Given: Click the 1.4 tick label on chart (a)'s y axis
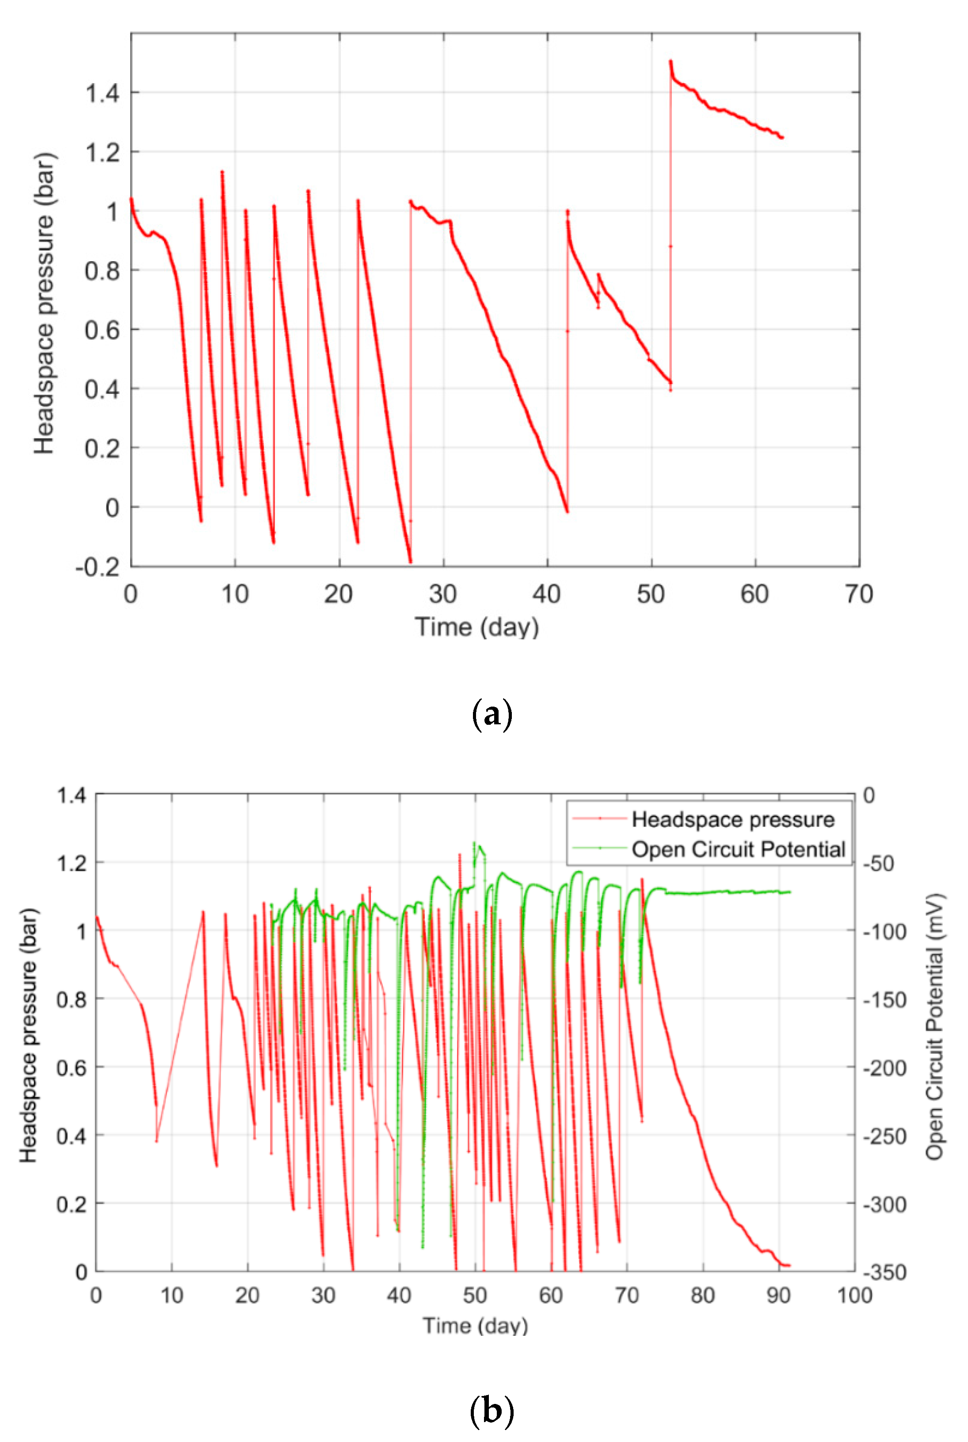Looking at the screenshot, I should (103, 93).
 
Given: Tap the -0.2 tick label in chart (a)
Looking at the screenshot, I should (98, 567).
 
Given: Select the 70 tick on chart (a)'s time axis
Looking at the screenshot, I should (859, 594).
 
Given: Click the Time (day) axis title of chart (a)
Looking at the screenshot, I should (476, 627).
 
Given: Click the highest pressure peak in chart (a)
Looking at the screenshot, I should (671, 61).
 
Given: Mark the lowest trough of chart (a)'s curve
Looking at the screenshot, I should (410, 561).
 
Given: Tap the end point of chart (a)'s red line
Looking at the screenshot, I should (782, 138).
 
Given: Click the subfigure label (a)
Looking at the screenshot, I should (492, 715).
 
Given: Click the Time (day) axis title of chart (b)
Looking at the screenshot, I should (475, 1326).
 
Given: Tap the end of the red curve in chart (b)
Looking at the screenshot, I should (789, 1266).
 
